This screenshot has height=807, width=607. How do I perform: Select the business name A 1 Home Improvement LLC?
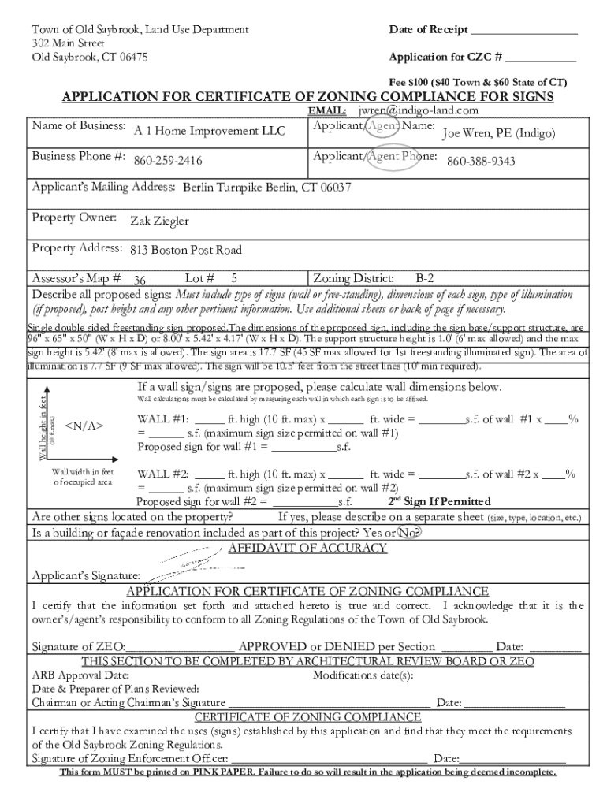pos(209,131)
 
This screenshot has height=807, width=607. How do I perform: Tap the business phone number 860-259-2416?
pos(167,162)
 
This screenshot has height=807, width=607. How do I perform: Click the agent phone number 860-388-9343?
pos(481,162)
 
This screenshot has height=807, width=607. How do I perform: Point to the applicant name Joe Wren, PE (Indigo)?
pos(498,134)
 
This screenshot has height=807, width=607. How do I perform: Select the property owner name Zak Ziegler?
pos(159,221)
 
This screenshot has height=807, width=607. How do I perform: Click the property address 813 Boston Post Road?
pos(186,251)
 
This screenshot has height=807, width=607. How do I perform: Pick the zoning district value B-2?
pos(424,278)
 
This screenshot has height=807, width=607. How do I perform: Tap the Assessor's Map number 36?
pos(140,280)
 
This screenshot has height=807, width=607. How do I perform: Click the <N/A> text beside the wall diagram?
pos(84,426)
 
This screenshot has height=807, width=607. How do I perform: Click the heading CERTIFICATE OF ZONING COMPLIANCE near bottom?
pos(307,717)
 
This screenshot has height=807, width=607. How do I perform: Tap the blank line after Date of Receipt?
pos(524,31)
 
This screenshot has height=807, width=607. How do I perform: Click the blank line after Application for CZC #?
pos(541,58)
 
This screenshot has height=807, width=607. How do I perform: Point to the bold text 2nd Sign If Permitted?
pos(440,502)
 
